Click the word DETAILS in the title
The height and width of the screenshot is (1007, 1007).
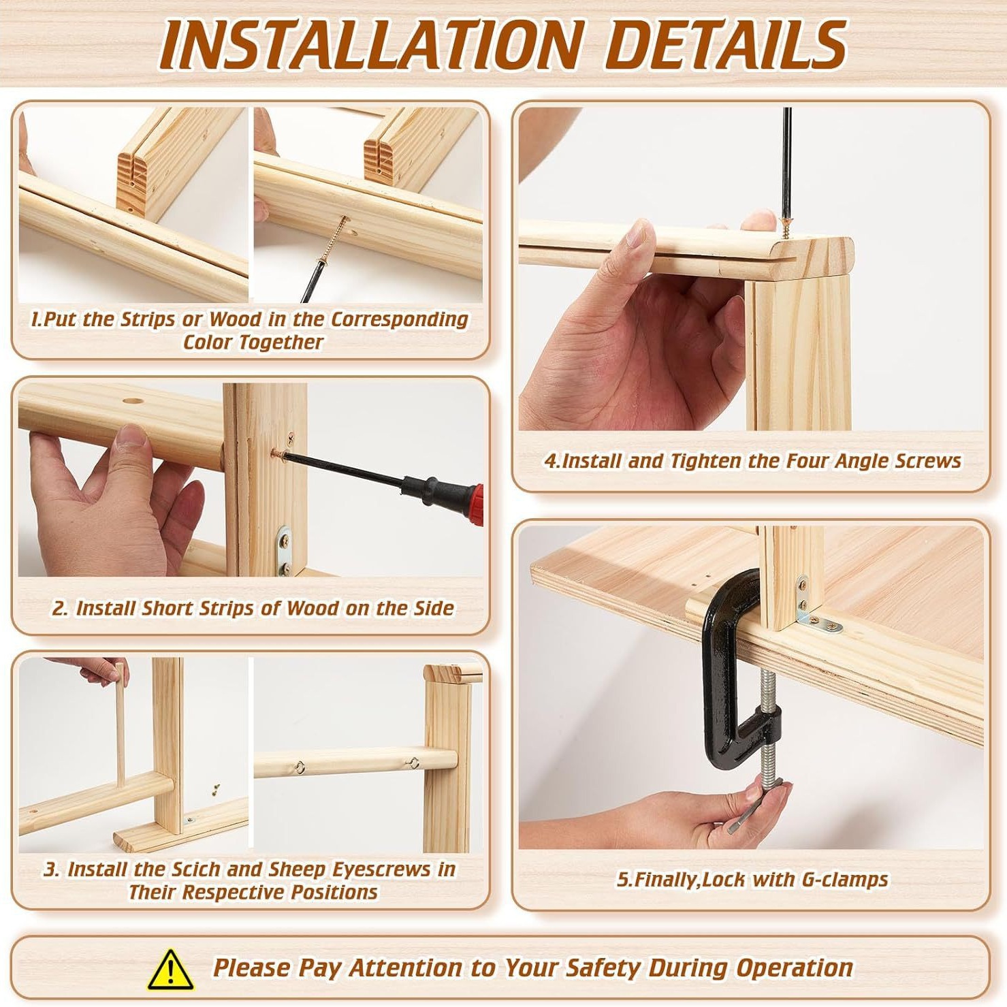tap(725, 45)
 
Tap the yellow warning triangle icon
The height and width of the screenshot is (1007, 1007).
tap(171, 969)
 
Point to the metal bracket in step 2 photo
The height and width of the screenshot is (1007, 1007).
tap(284, 550)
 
